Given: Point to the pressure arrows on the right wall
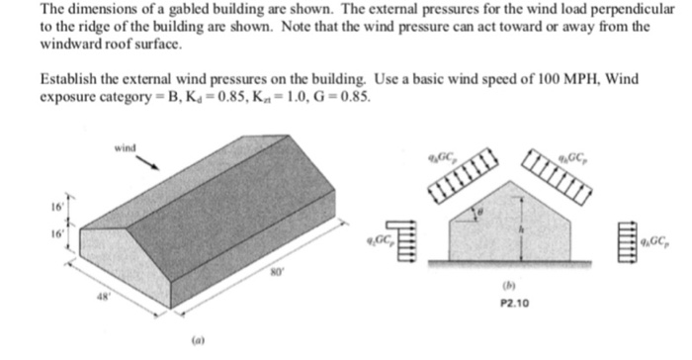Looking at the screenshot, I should [628, 240].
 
